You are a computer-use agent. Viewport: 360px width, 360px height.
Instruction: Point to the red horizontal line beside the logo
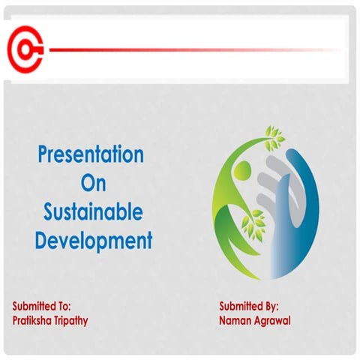click(x=187, y=50)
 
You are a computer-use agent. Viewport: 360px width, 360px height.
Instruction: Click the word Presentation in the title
click(x=91, y=155)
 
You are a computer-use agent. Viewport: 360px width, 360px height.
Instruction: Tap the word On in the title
click(x=91, y=184)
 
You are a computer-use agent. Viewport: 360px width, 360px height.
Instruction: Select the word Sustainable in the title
click(x=91, y=212)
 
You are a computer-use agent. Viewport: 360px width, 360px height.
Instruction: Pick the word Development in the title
click(x=93, y=241)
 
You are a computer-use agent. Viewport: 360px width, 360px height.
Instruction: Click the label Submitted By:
click(x=249, y=306)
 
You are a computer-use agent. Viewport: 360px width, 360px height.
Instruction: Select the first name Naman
click(x=237, y=320)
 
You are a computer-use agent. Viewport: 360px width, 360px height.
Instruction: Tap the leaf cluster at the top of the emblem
click(x=274, y=136)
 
